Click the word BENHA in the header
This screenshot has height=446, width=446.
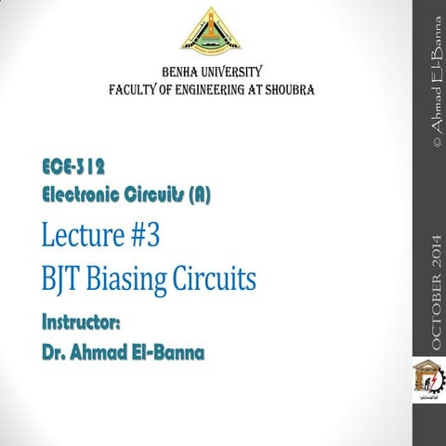186,72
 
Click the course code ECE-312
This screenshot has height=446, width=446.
73,167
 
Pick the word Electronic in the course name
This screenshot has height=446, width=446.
89,196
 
